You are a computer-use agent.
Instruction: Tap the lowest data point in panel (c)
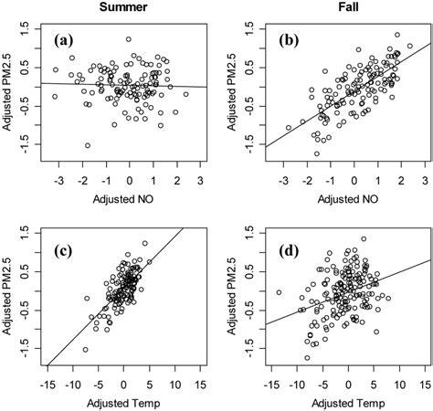[x=86, y=349]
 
